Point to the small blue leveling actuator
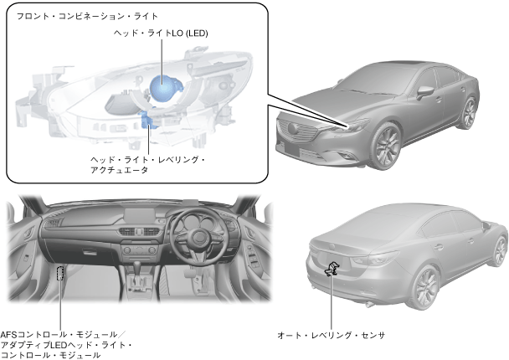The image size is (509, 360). [x=149, y=121]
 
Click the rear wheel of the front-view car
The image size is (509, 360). [x=469, y=112]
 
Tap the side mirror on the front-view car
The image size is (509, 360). [x=425, y=91]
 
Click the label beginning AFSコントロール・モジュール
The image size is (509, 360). [x=67, y=344]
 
